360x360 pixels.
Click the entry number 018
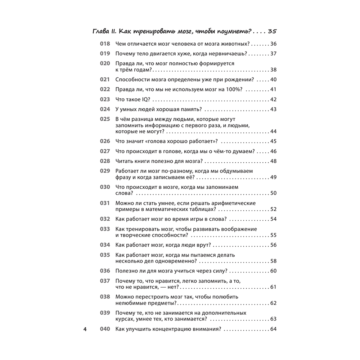coord(104,44)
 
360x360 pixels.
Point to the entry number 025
coord(104,119)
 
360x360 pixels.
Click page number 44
coord(273,131)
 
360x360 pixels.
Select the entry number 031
coord(104,203)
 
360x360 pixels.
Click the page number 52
coord(273,209)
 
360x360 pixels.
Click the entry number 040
coord(104,329)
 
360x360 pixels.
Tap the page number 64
coord(273,329)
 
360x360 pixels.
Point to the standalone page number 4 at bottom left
coord(85,329)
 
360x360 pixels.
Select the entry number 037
coord(104,281)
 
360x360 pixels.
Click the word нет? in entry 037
coord(171,287)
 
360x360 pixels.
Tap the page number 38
coord(273,70)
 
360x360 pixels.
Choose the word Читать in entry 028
coord(124,161)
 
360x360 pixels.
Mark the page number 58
coord(273,261)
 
